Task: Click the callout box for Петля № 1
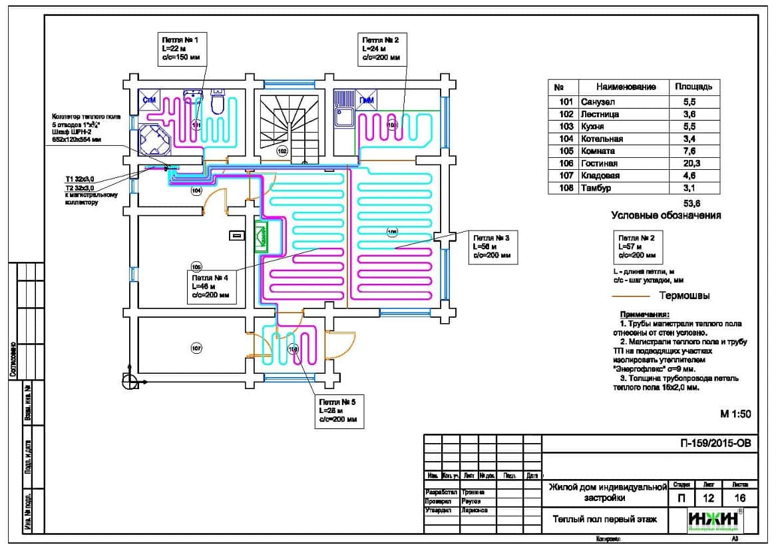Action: click(182, 48)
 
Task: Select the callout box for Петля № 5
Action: click(339, 410)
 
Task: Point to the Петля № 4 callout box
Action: click(210, 285)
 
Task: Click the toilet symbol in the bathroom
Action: click(217, 103)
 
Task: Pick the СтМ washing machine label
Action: click(148, 100)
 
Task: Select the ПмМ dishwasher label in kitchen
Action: click(366, 101)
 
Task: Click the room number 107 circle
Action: click(196, 348)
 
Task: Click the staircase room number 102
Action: click(282, 152)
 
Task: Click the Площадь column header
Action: click(693, 87)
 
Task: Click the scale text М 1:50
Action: click(735, 414)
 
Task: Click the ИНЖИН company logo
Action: click(715, 520)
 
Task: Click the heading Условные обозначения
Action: click(666, 216)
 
